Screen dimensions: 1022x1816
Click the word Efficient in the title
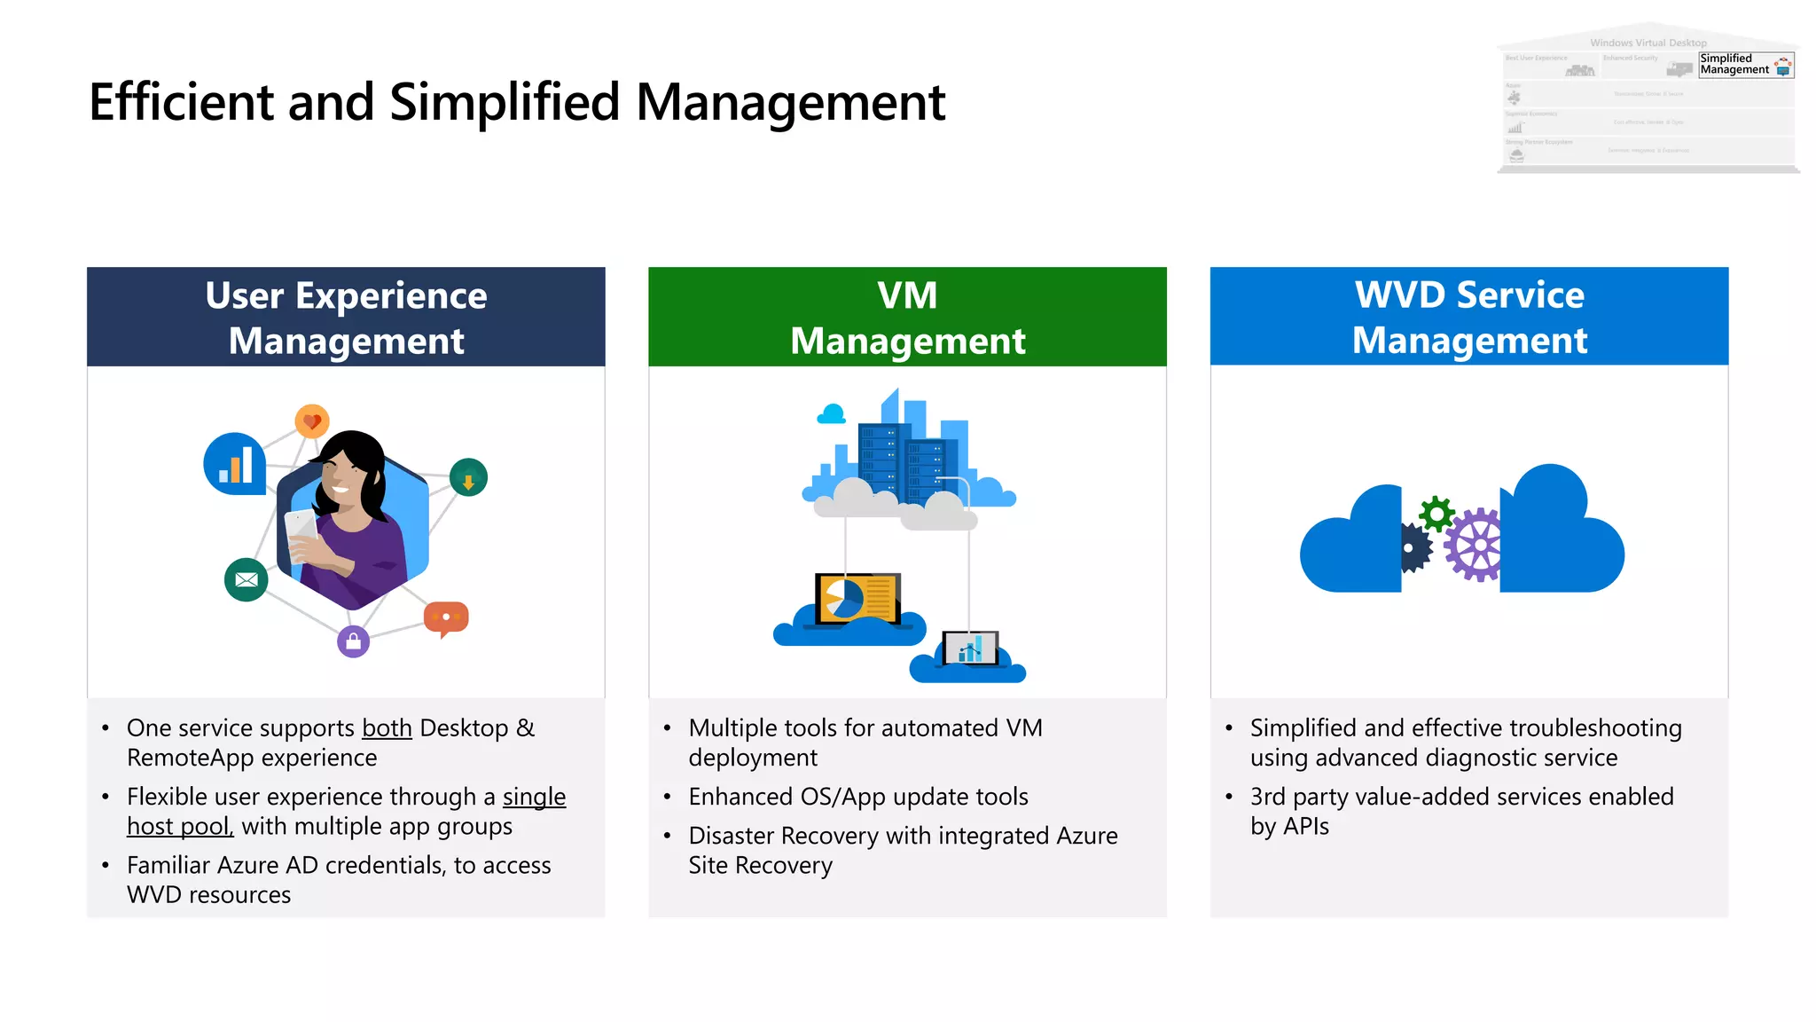point(182,102)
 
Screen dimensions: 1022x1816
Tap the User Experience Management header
point(346,317)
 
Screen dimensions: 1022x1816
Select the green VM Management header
point(907,317)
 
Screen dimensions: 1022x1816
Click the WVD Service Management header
point(1469,317)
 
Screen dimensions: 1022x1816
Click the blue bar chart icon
point(235,463)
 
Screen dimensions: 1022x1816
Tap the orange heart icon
point(312,421)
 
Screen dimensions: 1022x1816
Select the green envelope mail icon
point(247,580)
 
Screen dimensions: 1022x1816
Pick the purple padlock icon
point(353,641)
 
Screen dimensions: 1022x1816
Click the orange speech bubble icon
point(446,617)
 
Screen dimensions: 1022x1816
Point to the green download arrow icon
point(468,477)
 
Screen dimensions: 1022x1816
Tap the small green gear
point(1436,514)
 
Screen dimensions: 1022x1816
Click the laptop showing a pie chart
point(857,599)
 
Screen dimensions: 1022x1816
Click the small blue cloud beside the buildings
point(832,414)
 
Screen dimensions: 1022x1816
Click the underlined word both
point(387,728)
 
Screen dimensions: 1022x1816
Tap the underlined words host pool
point(179,827)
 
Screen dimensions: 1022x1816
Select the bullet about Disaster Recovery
point(902,850)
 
